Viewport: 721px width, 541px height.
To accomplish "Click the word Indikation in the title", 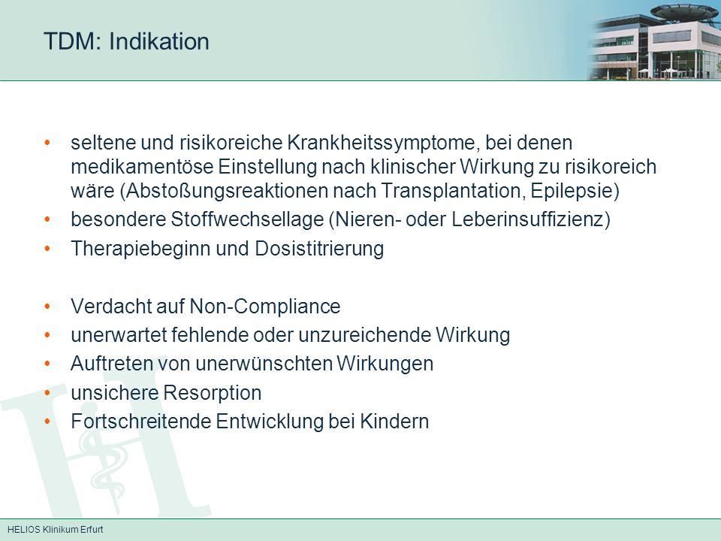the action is [x=159, y=41].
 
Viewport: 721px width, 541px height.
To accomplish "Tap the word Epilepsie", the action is [x=572, y=190].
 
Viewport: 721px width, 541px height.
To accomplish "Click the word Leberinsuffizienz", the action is [x=528, y=219].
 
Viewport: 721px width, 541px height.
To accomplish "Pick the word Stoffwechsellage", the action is [x=247, y=219].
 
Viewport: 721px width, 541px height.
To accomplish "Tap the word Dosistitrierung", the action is [x=319, y=249].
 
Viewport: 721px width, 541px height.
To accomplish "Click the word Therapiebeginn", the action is [x=140, y=249].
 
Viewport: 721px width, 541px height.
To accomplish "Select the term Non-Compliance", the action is [x=265, y=307].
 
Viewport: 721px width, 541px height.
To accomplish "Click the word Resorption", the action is [x=213, y=393].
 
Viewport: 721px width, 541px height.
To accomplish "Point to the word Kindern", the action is [x=394, y=422].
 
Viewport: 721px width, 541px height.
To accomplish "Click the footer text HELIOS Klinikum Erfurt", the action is [x=56, y=530].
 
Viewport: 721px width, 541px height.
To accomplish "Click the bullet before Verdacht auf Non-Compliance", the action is [x=47, y=307].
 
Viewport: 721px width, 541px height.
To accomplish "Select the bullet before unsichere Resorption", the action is [x=47, y=393].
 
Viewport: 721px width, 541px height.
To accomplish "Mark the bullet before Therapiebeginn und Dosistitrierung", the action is [x=47, y=249].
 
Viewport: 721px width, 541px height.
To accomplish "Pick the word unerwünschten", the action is [x=264, y=364].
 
